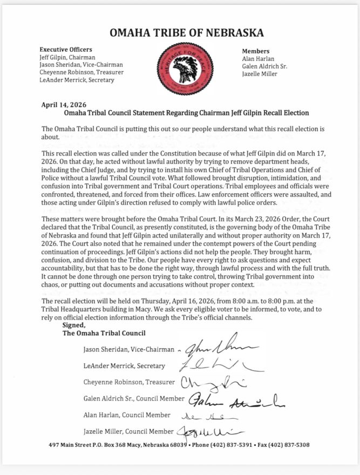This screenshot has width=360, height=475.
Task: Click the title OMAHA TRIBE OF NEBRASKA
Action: pos(186,33)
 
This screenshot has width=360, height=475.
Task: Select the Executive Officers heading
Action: pos(66,50)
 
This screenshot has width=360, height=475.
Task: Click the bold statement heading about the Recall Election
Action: pos(186,113)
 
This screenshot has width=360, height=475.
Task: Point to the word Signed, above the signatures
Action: pos(74,325)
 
